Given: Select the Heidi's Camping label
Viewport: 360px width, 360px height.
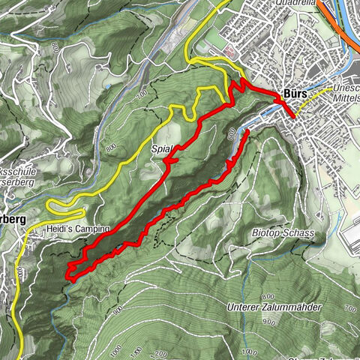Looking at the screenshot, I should pos(77,228).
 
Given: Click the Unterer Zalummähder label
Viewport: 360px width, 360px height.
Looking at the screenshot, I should pos(274,307).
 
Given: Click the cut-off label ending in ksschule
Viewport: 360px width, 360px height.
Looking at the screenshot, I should pos(14,171).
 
